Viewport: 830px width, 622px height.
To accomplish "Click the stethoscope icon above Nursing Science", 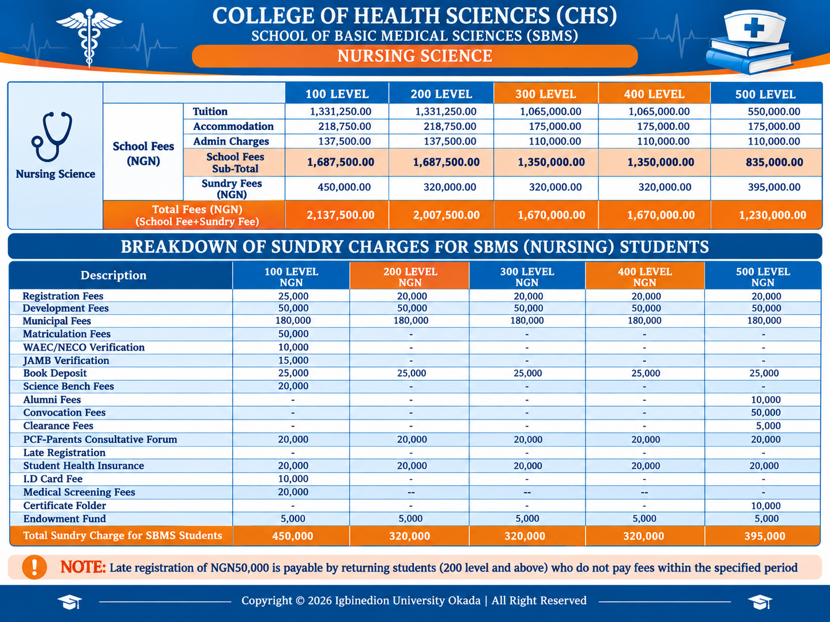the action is [x=52, y=136].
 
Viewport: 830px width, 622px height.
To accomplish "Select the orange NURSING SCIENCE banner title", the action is [x=415, y=56].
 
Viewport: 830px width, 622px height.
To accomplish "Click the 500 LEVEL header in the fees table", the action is [x=765, y=94].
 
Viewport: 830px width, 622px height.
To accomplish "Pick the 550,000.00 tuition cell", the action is [x=774, y=112].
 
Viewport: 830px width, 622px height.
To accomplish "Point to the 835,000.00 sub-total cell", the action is [x=774, y=163].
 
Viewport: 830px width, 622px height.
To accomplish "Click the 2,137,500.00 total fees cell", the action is [x=340, y=215].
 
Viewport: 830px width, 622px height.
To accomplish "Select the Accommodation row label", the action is [x=233, y=126].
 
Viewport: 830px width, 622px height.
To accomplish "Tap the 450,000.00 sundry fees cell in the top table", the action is [x=344, y=187].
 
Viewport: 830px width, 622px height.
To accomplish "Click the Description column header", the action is [x=113, y=275].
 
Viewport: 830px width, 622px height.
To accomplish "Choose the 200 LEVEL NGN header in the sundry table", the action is [x=410, y=277].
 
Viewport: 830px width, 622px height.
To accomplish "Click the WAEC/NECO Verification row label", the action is [x=84, y=347].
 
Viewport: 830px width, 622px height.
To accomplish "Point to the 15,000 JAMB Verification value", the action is [x=293, y=360].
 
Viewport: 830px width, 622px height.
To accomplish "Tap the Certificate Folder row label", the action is [x=64, y=505].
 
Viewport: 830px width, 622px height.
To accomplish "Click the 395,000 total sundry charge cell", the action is [x=765, y=536].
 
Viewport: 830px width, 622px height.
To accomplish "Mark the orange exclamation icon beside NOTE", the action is [x=34, y=567].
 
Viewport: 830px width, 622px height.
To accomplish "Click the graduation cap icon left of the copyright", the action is [x=69, y=601].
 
